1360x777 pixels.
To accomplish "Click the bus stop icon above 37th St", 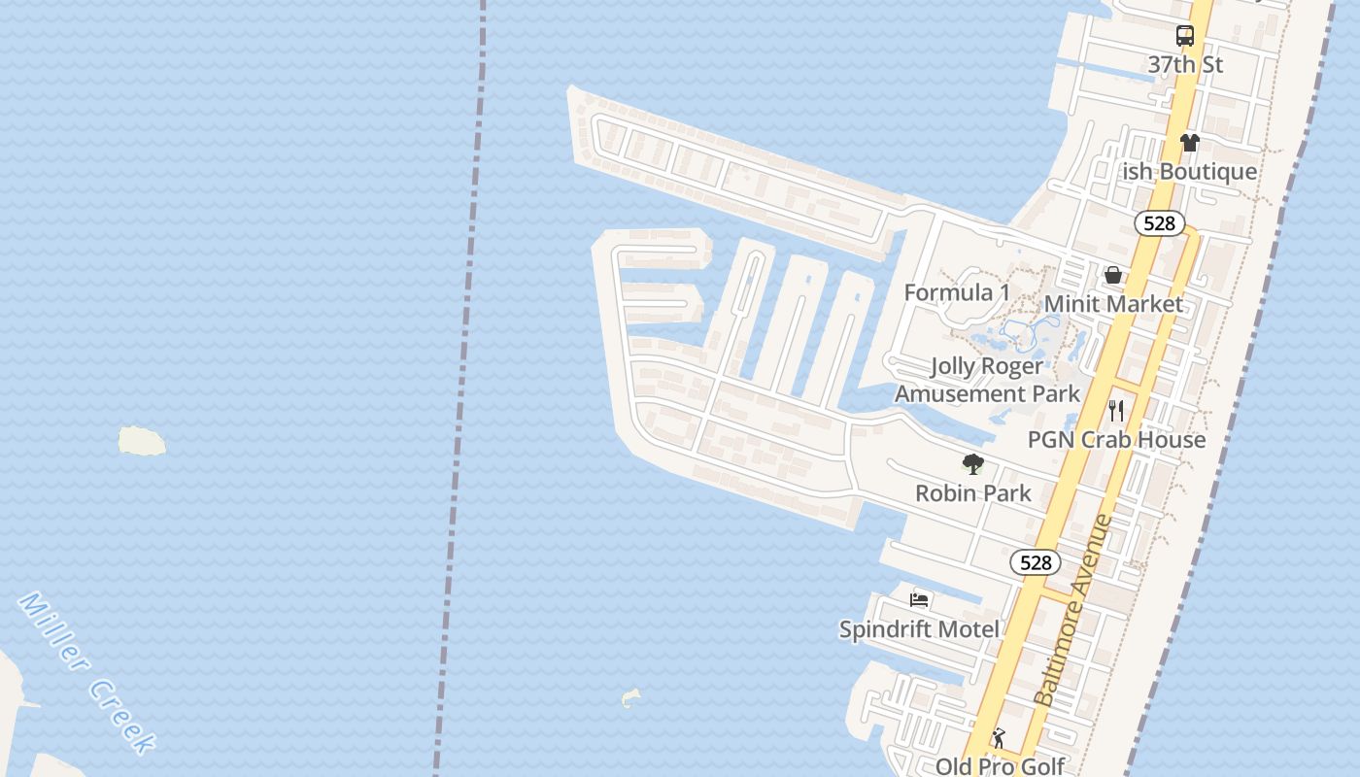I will coord(1185,37).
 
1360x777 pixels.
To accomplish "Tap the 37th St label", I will coord(1185,65).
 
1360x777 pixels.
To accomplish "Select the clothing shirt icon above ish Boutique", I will coord(1190,143).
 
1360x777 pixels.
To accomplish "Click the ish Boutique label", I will coord(1190,172).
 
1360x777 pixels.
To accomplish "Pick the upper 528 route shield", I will coord(1159,223).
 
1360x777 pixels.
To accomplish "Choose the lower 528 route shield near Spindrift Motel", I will coord(1036,562).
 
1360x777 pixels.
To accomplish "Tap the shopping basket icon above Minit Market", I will coord(1113,276).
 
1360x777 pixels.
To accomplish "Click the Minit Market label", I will coord(1113,304).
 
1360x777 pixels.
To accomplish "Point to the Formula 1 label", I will coord(957,292).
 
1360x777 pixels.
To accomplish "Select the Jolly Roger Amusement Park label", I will coord(987,380).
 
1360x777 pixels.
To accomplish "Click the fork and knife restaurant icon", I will coord(1116,411).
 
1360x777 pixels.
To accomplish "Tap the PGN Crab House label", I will coord(1116,440).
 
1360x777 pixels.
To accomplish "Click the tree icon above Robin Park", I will coord(972,464).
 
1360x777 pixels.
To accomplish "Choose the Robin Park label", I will coord(973,493).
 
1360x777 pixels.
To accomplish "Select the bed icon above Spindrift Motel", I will coord(919,600).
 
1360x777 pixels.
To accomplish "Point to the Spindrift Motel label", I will coord(919,629).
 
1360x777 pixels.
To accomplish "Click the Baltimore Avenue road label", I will coord(1073,610).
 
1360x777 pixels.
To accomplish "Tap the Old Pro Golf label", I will coord(1001,766).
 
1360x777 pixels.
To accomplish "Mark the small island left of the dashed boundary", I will coord(142,441).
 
